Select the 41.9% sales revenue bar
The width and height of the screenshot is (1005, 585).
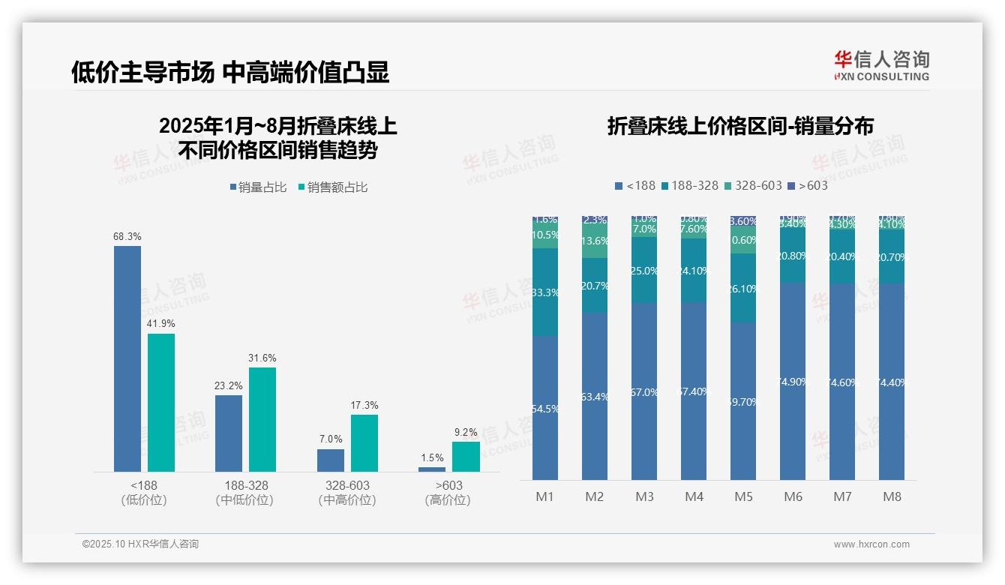pos(161,402)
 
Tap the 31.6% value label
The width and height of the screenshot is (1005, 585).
pos(262,358)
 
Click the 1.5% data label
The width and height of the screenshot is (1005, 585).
pos(432,458)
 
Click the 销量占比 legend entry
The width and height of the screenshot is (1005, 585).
pos(258,187)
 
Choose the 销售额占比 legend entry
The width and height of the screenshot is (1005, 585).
pos(333,187)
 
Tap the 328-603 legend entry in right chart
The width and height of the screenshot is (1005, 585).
pos(753,185)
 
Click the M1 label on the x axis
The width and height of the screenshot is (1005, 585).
pos(544,496)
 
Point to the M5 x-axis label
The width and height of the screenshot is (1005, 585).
pos(743,496)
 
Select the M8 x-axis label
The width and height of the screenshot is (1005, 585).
pos(892,496)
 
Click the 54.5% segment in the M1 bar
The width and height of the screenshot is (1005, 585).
pos(545,408)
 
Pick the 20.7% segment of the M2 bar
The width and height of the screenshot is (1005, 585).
pos(595,286)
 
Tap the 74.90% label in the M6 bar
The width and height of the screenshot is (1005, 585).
pos(793,382)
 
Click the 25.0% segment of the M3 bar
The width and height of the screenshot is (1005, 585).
pos(644,271)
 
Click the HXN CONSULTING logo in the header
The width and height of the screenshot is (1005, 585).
pos(881,66)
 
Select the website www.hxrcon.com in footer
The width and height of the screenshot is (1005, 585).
pos(871,544)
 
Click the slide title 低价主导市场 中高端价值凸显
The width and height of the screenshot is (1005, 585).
pos(230,72)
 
